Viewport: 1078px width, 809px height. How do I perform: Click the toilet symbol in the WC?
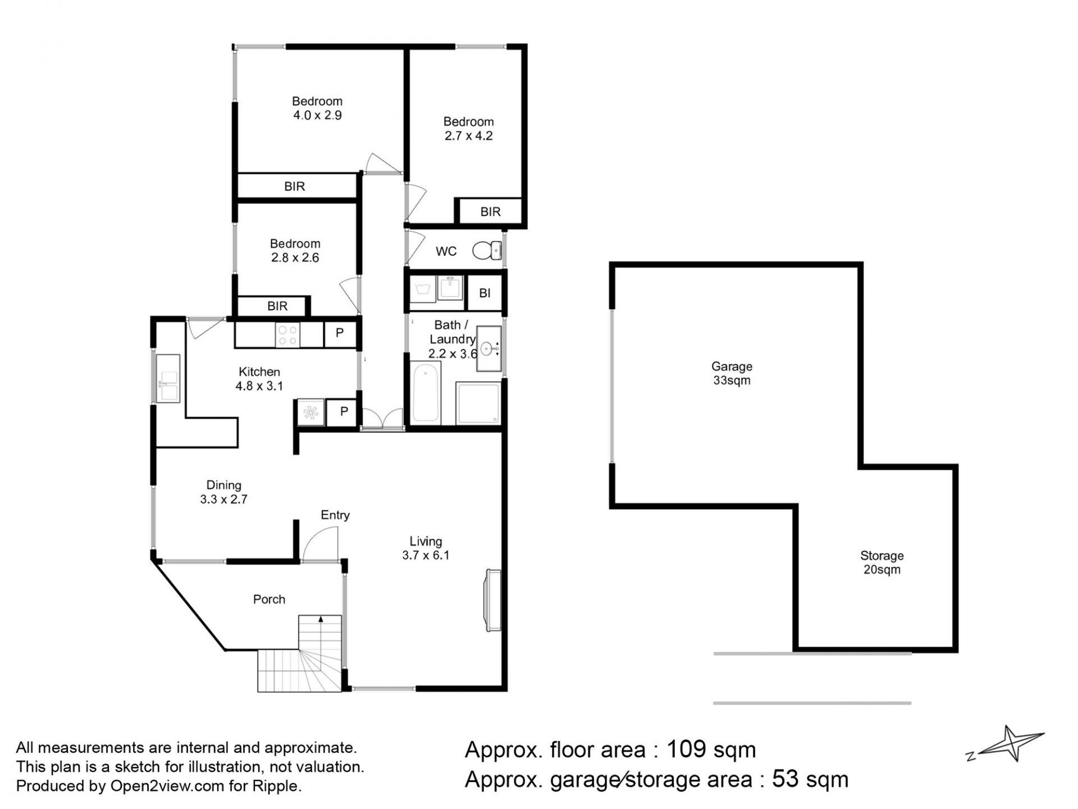[487, 251]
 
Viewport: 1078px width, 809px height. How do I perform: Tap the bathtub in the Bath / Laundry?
[426, 393]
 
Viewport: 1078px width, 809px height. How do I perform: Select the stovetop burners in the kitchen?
[288, 335]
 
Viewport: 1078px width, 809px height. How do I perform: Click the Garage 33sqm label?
[732, 374]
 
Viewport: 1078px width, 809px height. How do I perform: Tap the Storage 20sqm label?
[881, 562]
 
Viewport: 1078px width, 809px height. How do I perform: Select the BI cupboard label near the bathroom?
[485, 293]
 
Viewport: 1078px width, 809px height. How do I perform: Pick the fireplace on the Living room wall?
[493, 601]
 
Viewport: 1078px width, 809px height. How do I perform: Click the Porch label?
[269, 599]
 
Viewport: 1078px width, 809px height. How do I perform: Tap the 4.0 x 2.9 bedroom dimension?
[317, 115]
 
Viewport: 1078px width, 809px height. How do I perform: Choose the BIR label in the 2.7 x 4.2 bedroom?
[490, 212]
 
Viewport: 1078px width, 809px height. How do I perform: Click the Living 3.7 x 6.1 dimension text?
[426, 555]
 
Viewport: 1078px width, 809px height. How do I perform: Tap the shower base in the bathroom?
[478, 403]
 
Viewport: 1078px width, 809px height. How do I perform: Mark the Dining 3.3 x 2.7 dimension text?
[223, 499]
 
